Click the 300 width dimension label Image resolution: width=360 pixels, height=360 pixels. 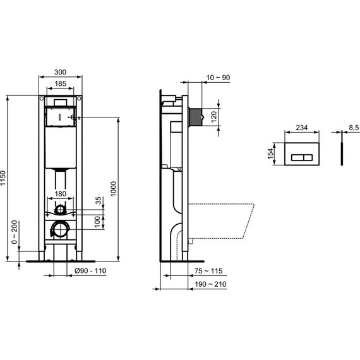(x=61, y=71)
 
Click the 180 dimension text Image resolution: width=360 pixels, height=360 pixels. (x=61, y=194)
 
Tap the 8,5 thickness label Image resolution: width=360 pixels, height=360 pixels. (x=353, y=128)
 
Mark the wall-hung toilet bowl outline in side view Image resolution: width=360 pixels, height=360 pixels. (x=224, y=221)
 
